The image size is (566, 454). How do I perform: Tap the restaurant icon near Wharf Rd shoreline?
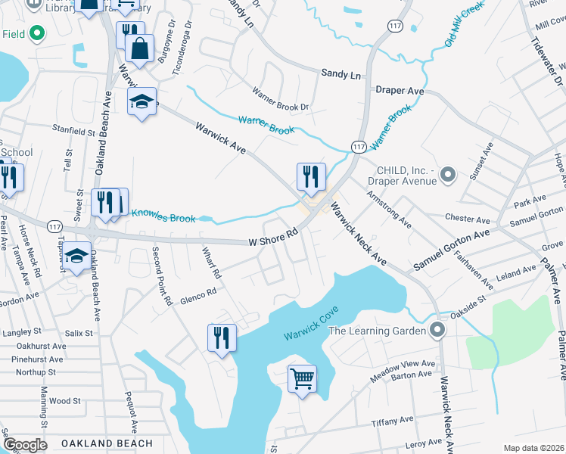pyautogui.click(x=222, y=337)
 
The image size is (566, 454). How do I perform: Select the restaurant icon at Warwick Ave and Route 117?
pyautogui.click(x=311, y=176)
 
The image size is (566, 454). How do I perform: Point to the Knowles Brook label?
pyautogui.click(x=163, y=218)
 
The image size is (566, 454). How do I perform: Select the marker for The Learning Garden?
pyautogui.click(x=437, y=330)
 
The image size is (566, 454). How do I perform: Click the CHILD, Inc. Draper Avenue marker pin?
pyautogui.click(x=447, y=176)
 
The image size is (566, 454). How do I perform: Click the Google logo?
pyautogui.click(x=24, y=445)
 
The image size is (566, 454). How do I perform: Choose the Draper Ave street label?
pyautogui.click(x=400, y=91)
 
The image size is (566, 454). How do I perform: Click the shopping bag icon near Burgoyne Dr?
pyautogui.click(x=141, y=50)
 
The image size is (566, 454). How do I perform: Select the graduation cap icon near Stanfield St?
pyautogui.click(x=141, y=101)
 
